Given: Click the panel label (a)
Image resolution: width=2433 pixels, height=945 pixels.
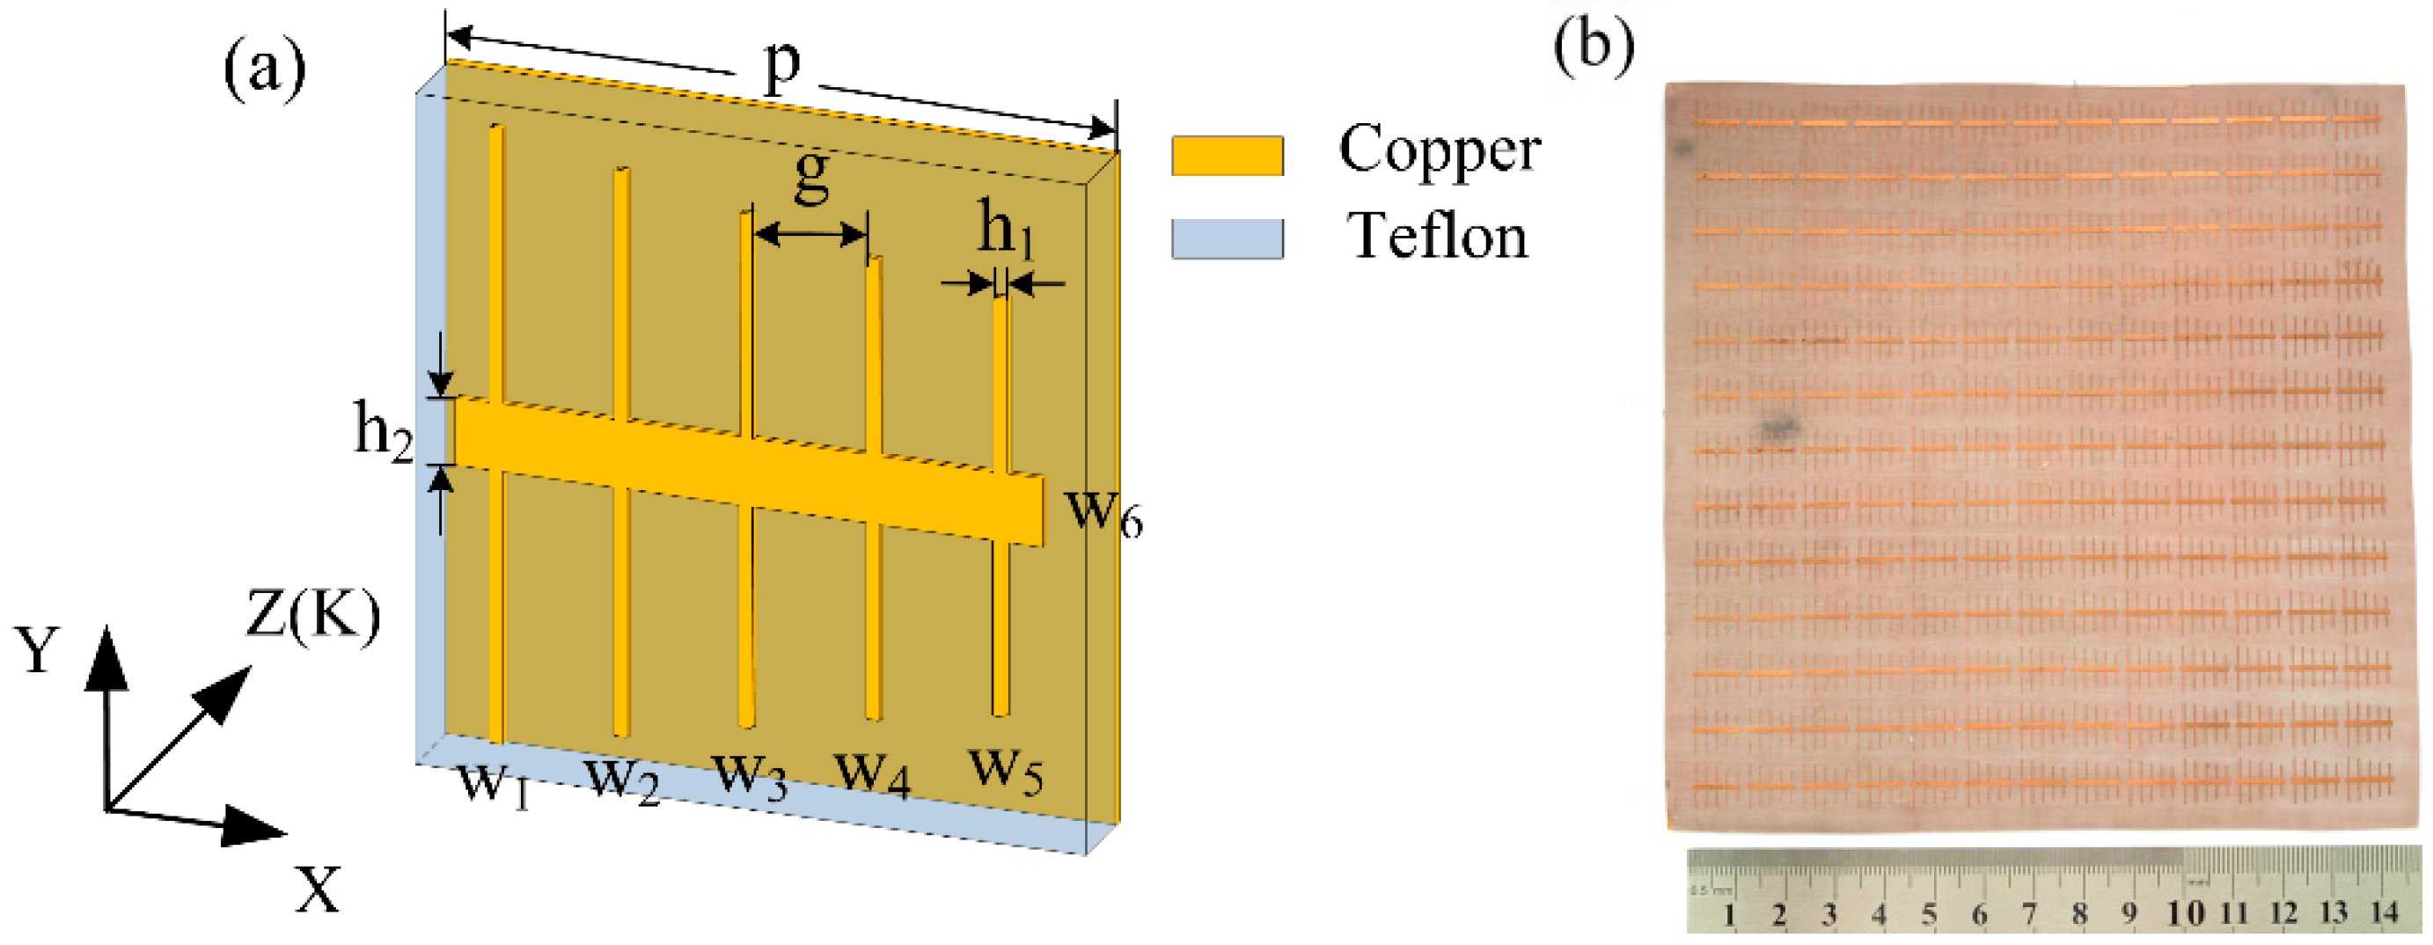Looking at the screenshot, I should [266, 68].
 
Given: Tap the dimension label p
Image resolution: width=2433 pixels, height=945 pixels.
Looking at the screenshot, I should [781, 64].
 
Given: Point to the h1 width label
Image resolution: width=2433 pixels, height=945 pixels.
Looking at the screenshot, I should [1005, 231].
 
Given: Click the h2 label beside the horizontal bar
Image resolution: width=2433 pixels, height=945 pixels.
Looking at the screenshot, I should [384, 431].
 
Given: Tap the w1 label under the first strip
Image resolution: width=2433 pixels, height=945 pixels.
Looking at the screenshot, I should [493, 781].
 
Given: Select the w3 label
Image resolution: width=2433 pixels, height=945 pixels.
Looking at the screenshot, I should [750, 775].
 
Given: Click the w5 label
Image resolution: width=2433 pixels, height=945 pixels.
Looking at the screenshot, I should [1007, 768].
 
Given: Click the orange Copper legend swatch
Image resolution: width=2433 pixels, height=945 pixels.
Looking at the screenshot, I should [1227, 156].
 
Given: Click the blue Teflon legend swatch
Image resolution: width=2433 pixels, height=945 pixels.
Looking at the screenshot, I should [1227, 238].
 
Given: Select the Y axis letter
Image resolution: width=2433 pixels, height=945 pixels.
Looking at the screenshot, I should [38, 651].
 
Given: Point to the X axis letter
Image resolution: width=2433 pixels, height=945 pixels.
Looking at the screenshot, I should [318, 890].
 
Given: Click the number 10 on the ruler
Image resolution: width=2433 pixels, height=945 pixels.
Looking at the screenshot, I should [2186, 914].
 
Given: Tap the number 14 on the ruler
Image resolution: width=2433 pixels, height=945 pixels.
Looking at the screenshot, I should [2384, 913].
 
